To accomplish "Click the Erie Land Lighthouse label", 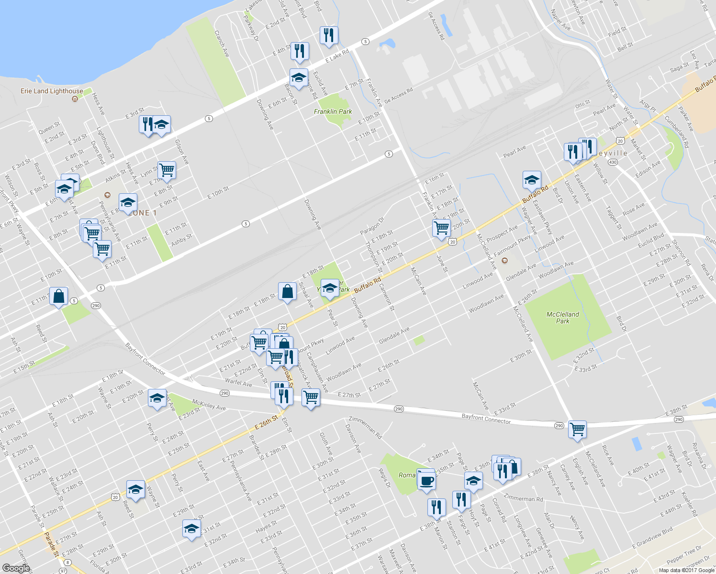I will coord(52,91).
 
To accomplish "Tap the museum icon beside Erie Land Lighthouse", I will coord(75,99).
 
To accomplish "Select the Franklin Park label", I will coord(333,111).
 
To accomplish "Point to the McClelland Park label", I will coord(563,318).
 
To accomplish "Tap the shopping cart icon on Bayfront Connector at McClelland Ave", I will coord(578,429).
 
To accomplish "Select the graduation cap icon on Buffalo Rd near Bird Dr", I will coord(532,180).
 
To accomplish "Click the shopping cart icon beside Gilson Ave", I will coord(167,170).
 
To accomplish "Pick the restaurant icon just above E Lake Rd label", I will coord(329,35).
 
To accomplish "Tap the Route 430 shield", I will coord(613,162).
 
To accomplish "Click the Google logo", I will coord(16,568).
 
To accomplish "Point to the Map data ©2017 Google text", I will coord(686,570).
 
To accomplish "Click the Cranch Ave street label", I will coord(222,44).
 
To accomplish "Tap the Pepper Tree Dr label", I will coord(684,554).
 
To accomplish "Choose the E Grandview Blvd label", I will coord(652,538).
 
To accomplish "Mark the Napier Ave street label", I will coord(560,20).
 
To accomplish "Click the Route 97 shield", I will coord(63,571).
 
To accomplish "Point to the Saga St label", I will coord(680,67).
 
